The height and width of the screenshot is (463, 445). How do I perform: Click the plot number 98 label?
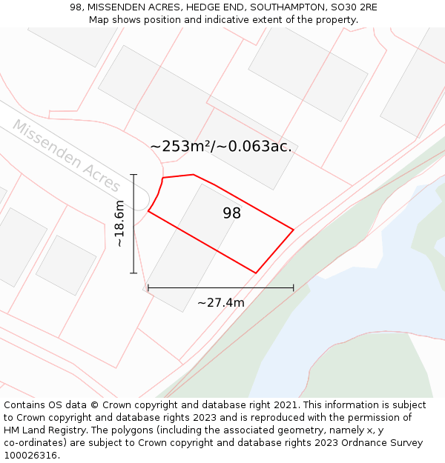point(231,213)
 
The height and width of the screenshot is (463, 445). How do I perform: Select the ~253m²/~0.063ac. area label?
point(221,147)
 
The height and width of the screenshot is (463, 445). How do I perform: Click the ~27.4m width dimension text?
point(220,302)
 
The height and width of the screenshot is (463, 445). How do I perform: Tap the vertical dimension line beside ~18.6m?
point(133,224)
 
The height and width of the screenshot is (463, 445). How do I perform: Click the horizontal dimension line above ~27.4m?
point(220,287)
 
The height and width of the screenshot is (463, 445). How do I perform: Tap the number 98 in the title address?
point(76,7)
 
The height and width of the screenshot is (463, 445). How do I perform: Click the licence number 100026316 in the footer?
point(29,456)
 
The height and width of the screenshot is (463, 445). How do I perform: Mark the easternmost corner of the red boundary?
point(294,230)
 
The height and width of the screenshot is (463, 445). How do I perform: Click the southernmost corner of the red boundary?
point(256,273)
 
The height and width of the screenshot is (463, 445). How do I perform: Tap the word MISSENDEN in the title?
point(118,7)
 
